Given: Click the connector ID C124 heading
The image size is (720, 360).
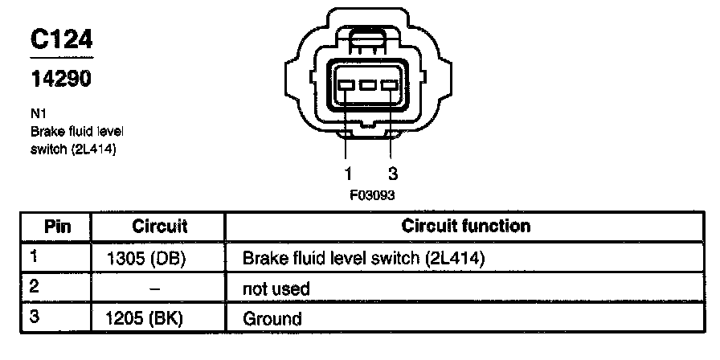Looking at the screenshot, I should [61, 41].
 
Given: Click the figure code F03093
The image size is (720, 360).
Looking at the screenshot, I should [369, 194].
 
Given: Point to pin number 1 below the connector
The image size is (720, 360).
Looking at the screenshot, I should [348, 174].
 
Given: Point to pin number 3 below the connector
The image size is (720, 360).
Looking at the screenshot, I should [393, 174].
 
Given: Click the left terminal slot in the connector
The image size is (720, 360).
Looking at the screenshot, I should [347, 85].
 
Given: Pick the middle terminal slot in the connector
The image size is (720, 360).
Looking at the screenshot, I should [368, 85].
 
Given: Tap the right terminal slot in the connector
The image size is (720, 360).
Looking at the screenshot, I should [390, 85].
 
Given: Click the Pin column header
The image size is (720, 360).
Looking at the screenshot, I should [57, 226].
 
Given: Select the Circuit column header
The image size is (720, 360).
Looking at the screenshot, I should [159, 226].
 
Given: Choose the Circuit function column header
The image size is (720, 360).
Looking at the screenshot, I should [465, 226].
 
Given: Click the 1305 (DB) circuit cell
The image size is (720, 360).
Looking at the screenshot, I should [145, 259].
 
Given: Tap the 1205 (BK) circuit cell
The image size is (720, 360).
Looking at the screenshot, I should [145, 318].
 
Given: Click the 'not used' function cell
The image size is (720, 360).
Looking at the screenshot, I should [276, 288].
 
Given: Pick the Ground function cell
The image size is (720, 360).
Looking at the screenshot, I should [272, 318].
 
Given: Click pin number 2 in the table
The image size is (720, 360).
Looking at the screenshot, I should [34, 285].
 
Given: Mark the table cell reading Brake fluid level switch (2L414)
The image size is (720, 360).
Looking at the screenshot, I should [365, 259].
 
